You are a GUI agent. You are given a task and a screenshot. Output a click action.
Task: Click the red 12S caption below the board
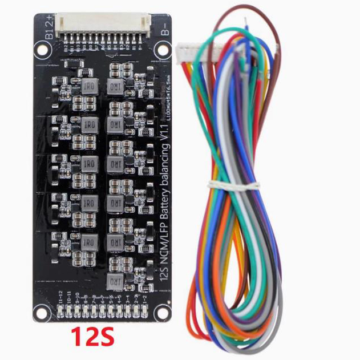click(92, 337)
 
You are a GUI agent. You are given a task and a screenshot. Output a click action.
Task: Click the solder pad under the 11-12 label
click(60, 312)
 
